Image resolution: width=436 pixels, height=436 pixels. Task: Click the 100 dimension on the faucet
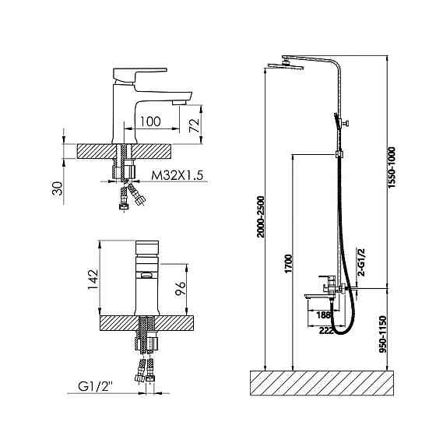[x=150, y=121]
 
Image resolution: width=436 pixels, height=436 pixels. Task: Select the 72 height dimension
[x=195, y=125]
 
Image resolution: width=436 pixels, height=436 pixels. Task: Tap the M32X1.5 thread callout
[x=178, y=175]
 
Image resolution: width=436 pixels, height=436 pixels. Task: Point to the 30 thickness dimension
[x=57, y=188]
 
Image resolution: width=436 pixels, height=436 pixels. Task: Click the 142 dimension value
[x=93, y=279]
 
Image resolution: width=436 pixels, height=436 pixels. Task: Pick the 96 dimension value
[x=180, y=288]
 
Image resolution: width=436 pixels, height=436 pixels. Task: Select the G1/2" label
[x=95, y=386]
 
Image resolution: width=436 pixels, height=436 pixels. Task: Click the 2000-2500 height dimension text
[x=261, y=216]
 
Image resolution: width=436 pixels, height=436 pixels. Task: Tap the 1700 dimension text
[x=289, y=263]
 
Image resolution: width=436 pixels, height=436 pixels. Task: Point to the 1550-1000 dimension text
[x=392, y=167]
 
